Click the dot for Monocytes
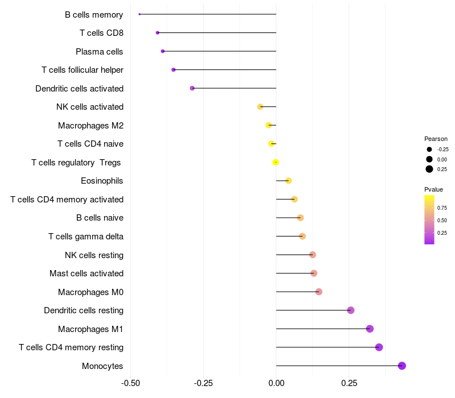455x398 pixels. coord(402,366)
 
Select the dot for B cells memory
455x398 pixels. coord(139,14)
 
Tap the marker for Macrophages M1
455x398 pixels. coord(370,329)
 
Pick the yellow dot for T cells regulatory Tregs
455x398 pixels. coord(276,162)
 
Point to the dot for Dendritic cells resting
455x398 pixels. coord(351,310)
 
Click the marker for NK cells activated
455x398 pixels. coord(260,107)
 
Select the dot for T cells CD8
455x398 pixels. coord(158,33)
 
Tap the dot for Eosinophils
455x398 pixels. coord(288,181)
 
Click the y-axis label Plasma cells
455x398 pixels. coord(100,52)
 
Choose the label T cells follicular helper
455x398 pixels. coord(82,70)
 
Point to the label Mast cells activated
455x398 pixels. coord(86,273)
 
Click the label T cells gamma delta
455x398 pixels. coord(86,237)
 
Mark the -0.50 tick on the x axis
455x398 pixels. coord(131,383)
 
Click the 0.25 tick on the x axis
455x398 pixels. coord(349,383)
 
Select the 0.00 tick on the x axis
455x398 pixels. coord(276,383)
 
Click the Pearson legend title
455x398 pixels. coord(436,139)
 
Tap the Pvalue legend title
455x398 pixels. coord(433,189)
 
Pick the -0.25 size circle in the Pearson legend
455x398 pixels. coord(429,150)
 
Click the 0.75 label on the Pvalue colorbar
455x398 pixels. coord(442,208)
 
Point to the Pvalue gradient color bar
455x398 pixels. coord(429,219)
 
